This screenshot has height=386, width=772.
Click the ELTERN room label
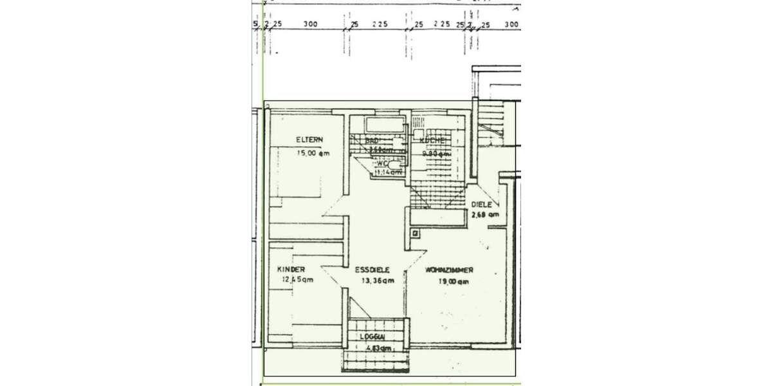(x=309, y=140)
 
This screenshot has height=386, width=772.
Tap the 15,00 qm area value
(x=313, y=153)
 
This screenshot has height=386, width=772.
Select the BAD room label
(x=371, y=140)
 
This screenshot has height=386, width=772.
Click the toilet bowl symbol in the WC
(x=401, y=166)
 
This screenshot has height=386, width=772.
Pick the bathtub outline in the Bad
(x=383, y=125)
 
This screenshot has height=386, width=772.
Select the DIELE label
(x=482, y=204)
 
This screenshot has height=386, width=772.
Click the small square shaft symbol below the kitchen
(x=416, y=234)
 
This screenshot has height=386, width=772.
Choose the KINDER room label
(x=291, y=269)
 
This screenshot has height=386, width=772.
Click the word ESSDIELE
(x=372, y=270)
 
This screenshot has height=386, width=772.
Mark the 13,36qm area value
(x=376, y=280)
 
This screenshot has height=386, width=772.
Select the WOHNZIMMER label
(x=450, y=271)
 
